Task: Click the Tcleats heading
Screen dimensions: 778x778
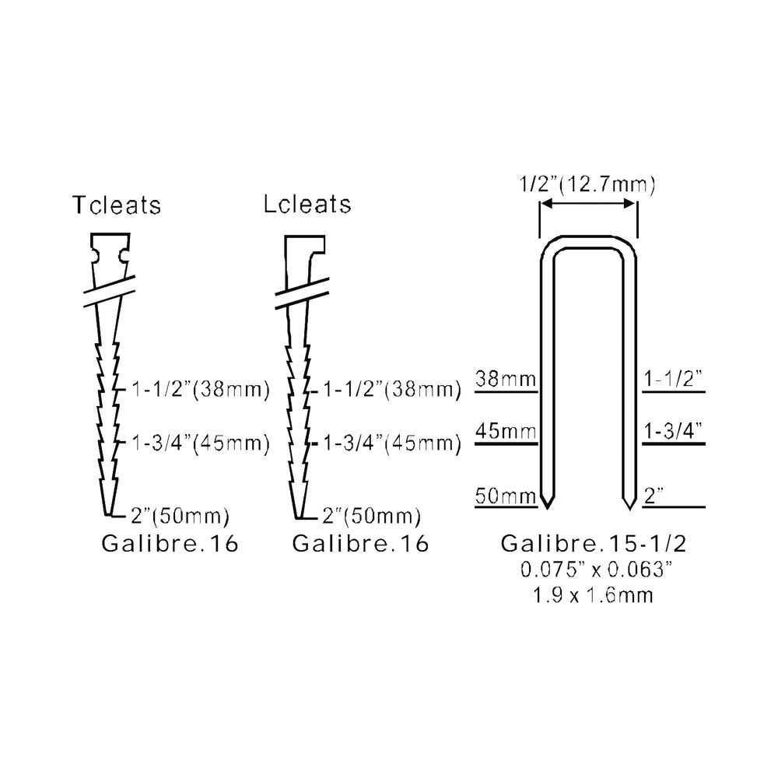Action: [117, 205]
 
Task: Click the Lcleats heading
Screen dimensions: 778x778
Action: [307, 204]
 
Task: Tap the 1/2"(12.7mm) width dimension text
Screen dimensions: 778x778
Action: [587, 184]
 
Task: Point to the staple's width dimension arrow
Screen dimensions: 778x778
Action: [588, 203]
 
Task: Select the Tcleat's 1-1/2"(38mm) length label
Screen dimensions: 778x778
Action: [201, 390]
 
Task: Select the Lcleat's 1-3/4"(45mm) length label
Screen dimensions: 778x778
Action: [392, 443]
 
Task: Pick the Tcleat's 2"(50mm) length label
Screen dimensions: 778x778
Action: [180, 516]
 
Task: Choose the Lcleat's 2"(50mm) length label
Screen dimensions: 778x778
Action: [372, 516]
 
